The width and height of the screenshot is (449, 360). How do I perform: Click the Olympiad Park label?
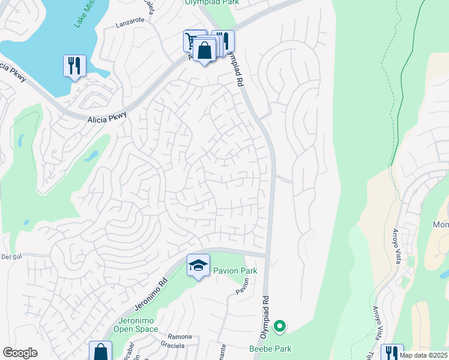pyautogui.click(x=211, y=2)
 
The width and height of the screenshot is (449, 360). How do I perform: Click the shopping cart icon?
pyautogui.click(x=194, y=41)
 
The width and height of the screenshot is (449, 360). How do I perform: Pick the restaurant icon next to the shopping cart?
pyautogui.click(x=223, y=40)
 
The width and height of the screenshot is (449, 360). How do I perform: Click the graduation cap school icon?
pyautogui.click(x=198, y=265)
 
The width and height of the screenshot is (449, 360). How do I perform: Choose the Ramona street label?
pyautogui.click(x=179, y=337)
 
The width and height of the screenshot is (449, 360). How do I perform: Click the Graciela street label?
pyautogui.click(x=172, y=346)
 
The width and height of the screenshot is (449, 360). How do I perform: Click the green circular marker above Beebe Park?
pyautogui.click(x=279, y=327)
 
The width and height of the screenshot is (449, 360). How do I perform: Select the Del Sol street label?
pyautogui.click(x=11, y=257)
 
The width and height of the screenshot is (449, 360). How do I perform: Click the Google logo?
pyautogui.click(x=20, y=352)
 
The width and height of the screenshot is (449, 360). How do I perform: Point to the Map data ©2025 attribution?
pyautogui.click(x=423, y=355)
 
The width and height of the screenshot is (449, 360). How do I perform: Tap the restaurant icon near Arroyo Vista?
pyautogui.click(x=391, y=352)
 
